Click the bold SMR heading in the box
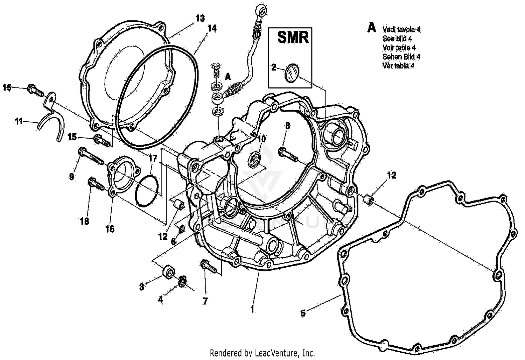point(293,37)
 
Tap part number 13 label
point(200,19)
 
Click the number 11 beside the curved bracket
point(19,121)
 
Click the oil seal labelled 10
point(254,158)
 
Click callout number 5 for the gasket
point(303,313)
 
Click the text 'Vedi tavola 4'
point(401,29)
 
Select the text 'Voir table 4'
point(399,48)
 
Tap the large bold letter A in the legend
point(371,28)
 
